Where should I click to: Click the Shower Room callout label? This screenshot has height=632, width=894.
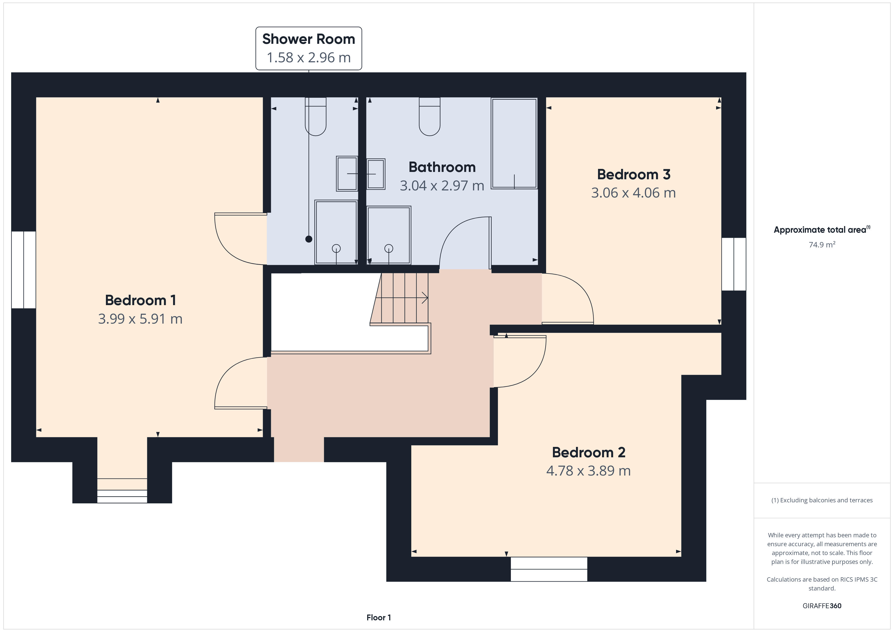click(308, 48)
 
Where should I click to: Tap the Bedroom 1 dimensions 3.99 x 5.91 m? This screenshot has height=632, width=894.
click(140, 319)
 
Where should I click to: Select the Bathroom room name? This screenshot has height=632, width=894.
click(442, 167)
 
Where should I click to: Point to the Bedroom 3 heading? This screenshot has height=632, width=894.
click(634, 174)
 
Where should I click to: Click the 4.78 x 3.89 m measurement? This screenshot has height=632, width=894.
click(588, 471)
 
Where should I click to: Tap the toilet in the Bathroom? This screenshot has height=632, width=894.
click(430, 116)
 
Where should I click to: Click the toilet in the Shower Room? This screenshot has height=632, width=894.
click(315, 116)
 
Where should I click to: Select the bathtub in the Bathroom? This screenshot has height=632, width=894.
click(514, 144)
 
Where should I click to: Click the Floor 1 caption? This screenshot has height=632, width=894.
click(379, 618)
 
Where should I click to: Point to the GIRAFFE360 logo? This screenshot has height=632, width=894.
click(822, 606)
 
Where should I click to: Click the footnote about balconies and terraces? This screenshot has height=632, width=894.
click(822, 501)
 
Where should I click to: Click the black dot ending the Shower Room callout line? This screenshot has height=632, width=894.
click(309, 239)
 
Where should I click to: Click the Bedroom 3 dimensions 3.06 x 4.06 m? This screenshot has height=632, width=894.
click(634, 193)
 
